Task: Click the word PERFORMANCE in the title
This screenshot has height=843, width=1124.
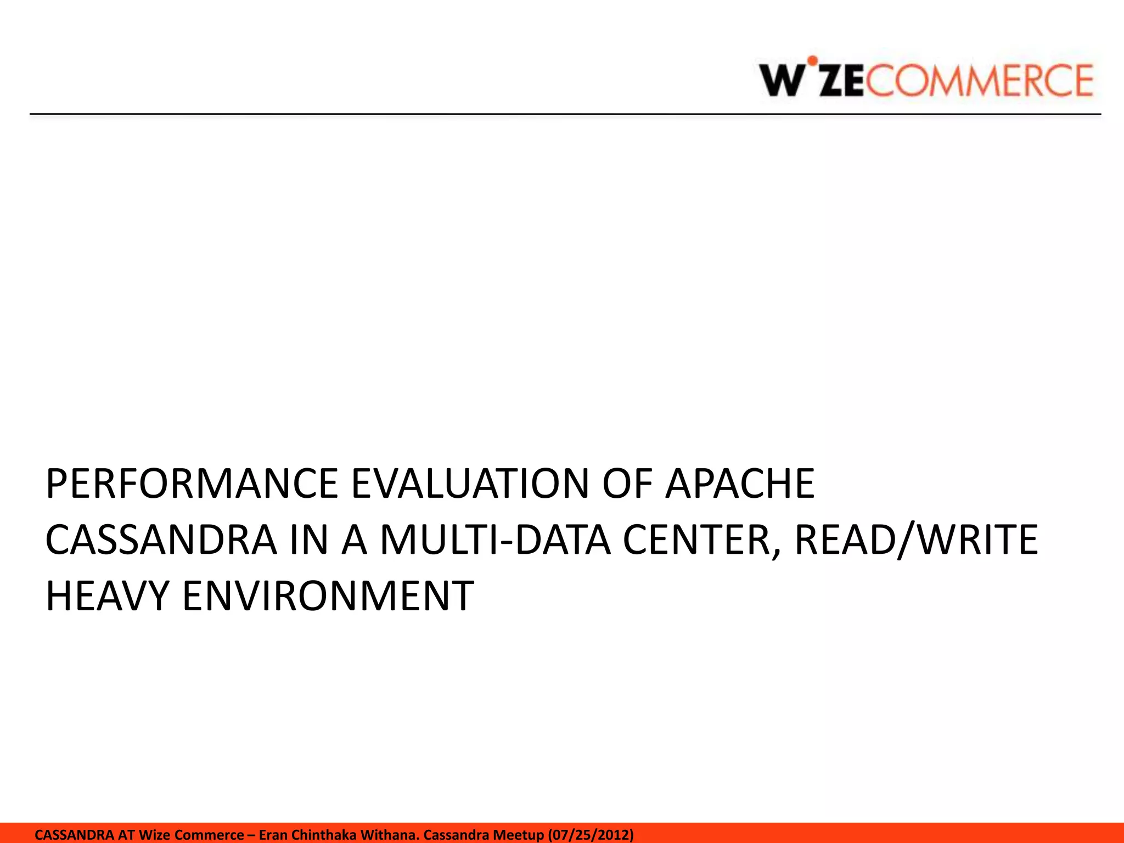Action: (192, 484)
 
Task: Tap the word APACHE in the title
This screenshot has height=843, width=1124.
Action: (740, 484)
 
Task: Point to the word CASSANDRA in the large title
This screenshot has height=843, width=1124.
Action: (161, 540)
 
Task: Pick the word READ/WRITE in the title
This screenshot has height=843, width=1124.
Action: (916, 540)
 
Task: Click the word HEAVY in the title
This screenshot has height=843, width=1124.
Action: (107, 596)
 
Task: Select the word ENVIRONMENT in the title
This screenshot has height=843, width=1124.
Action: (328, 596)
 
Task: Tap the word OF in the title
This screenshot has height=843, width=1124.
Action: (627, 484)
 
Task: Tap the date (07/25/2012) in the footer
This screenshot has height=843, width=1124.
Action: (591, 835)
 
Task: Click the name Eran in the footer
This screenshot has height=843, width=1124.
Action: (273, 835)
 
